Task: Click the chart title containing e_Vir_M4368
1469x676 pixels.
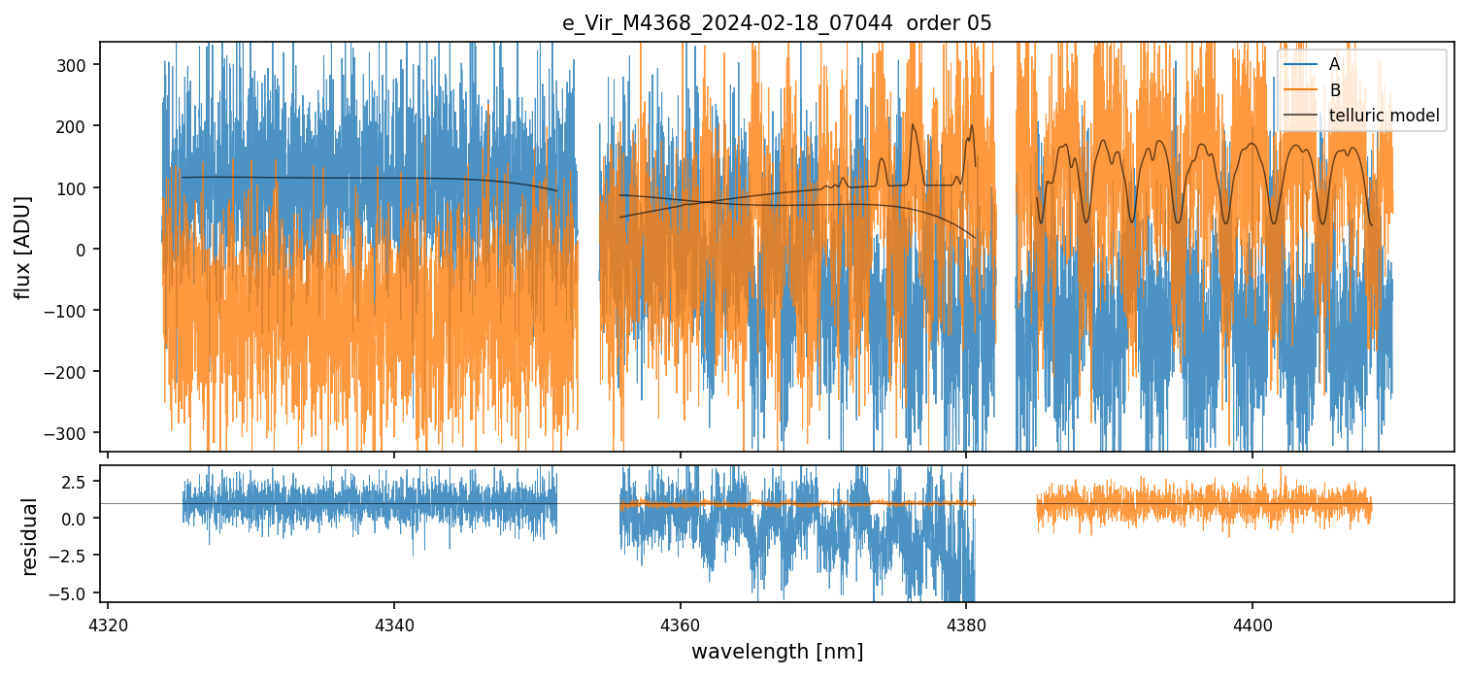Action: pyautogui.click(x=777, y=23)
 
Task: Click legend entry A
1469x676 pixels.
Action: pyautogui.click(x=1334, y=64)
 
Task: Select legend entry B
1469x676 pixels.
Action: pyautogui.click(x=1334, y=90)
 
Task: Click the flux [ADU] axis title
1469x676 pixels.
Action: pyautogui.click(x=22, y=247)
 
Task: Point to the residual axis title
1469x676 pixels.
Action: pyautogui.click(x=30, y=536)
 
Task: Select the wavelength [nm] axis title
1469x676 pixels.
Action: pyautogui.click(x=777, y=651)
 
